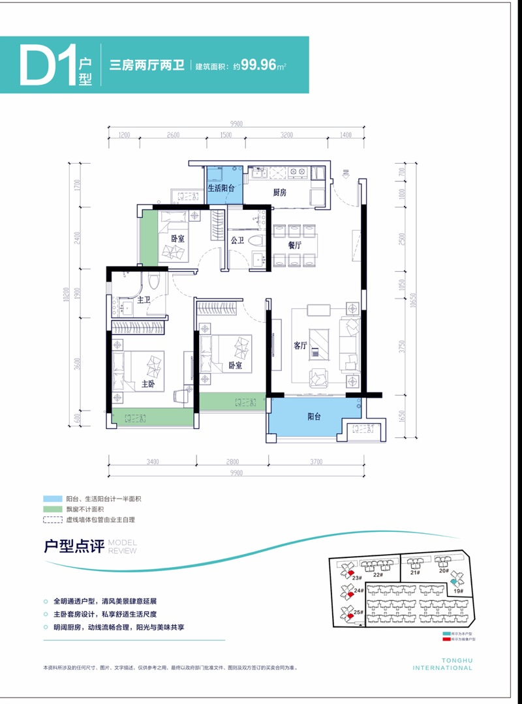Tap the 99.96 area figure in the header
click(258, 66)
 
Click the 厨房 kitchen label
click(280, 192)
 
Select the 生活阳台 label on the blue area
click(221, 188)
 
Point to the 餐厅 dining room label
click(294, 246)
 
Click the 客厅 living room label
click(299, 346)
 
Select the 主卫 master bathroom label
click(144, 300)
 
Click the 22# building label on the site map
click(377, 575)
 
